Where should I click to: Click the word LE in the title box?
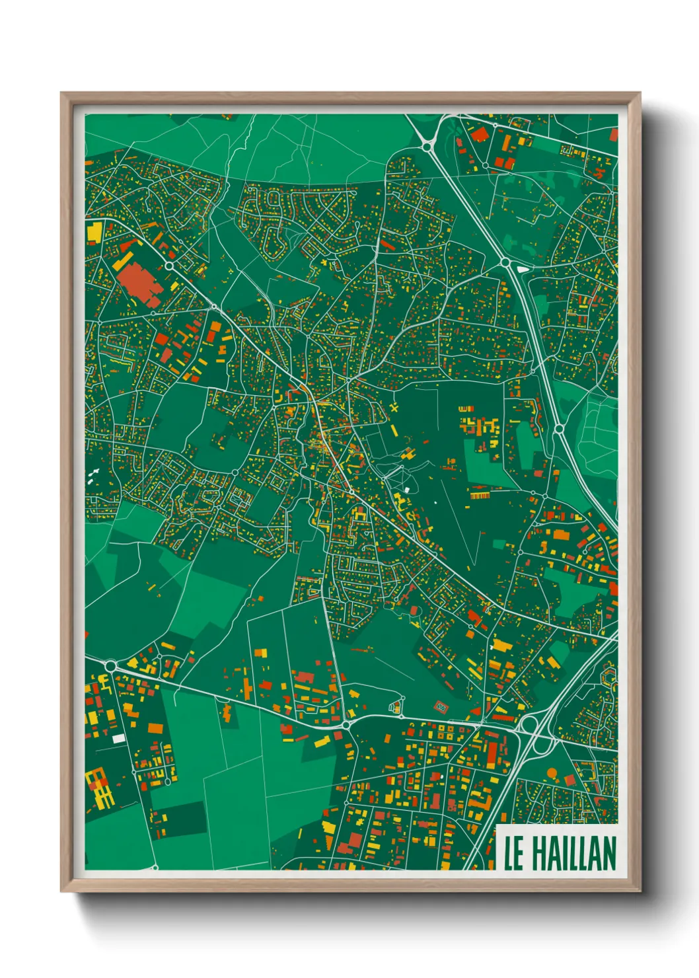tap(514, 853)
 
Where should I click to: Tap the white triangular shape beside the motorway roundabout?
tap(523, 269)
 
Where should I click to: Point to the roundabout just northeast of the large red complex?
tap(169, 266)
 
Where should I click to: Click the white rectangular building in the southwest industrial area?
tap(118, 738)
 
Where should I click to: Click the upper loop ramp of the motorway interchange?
tap(529, 725)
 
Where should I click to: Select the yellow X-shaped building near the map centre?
tap(394, 408)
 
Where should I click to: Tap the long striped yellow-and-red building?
tap(479, 495)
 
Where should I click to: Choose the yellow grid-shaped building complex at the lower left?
tap(98, 787)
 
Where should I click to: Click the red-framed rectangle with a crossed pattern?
tap(442, 708)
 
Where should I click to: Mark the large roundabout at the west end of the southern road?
tap(110, 665)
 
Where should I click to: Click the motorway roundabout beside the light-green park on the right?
tap(559, 429)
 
